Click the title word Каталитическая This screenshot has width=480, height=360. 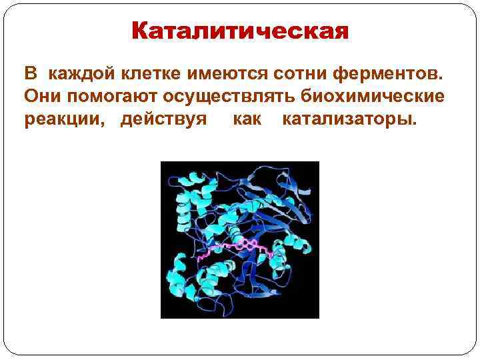pyautogui.click(x=239, y=31)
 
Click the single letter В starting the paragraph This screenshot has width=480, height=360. pyautogui.click(x=30, y=72)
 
